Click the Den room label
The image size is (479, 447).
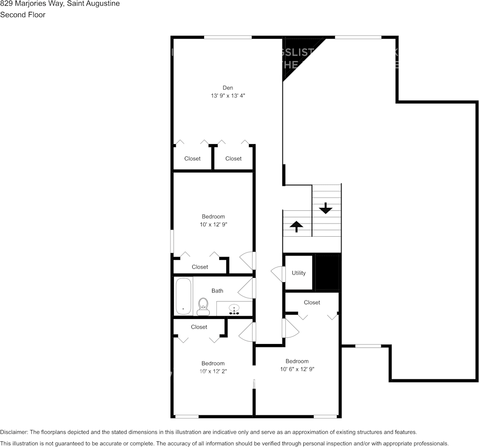[x=228, y=87]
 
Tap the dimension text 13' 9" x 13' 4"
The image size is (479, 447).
[x=228, y=95]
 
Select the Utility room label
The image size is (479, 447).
[x=299, y=273]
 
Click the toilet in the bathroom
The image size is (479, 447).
[x=203, y=307]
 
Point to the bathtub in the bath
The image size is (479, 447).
[x=183, y=296]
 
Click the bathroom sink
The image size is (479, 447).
[x=234, y=309]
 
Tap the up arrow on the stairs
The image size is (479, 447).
[x=296, y=226]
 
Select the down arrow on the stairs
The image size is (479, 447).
[x=325, y=208]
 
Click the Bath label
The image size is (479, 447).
[x=217, y=291]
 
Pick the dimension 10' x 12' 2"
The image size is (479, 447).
[x=213, y=371]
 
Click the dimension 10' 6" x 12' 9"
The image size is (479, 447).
[x=297, y=369]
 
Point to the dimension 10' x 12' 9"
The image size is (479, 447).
[x=213, y=224]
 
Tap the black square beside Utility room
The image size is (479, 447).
[x=327, y=273]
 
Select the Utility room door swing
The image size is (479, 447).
[x=278, y=274]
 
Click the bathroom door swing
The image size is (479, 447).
[x=246, y=289]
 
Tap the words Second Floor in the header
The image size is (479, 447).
[x=23, y=15]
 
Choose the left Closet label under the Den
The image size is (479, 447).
[x=192, y=159]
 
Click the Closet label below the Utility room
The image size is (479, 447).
[x=312, y=302]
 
